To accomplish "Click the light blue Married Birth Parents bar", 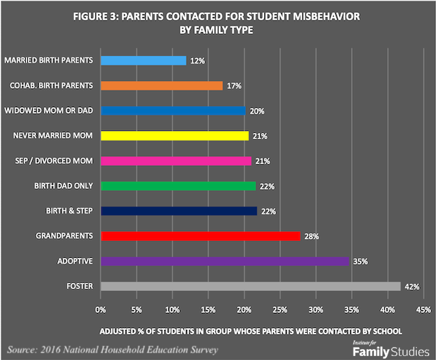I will coord(143,61).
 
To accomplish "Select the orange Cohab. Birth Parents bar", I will coord(161,86).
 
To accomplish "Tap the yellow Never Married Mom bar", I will coord(174,136).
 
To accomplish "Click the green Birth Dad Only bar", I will coord(178,185).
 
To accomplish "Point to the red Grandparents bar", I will coord(200,236).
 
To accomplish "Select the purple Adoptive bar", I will coord(225,261).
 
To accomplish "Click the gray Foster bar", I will coord(250,286).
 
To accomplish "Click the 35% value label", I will coord(360,261).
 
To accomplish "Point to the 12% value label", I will coord(196,61).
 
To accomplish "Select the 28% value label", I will coord(311,236).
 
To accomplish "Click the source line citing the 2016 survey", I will coord(113,350).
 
